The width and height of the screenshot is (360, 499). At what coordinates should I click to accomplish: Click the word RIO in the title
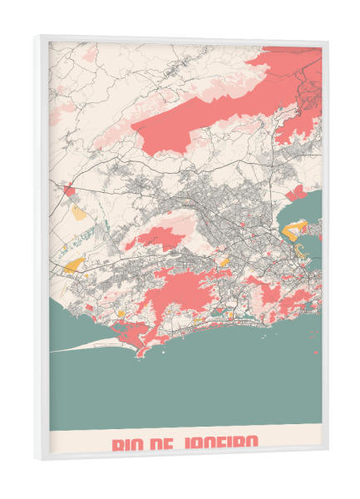click(130, 442)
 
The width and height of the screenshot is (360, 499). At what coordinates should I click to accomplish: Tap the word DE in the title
click(170, 442)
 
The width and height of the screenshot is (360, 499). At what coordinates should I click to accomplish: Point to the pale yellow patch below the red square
click(78, 213)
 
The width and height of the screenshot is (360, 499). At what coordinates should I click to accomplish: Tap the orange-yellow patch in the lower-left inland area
click(75, 265)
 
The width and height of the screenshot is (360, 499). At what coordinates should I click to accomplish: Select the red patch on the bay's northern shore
click(296, 193)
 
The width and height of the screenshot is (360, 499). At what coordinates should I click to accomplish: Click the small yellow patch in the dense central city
click(223, 261)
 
